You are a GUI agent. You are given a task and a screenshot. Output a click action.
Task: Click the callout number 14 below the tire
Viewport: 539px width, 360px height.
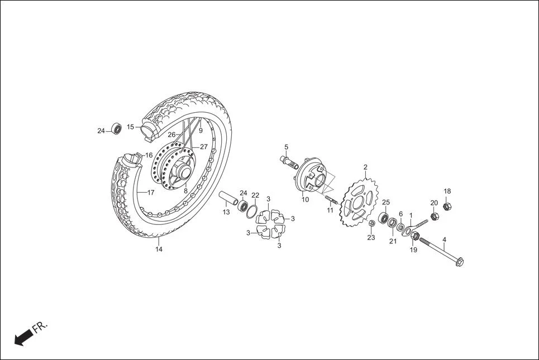pyautogui.click(x=159, y=249)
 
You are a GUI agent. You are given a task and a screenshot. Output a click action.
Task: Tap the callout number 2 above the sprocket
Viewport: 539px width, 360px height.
pyautogui.click(x=365, y=167)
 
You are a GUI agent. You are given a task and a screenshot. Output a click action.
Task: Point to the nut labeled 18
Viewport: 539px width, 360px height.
pyautogui.click(x=447, y=207)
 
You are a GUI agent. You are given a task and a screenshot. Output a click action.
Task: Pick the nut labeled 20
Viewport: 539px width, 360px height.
pyautogui.click(x=434, y=215)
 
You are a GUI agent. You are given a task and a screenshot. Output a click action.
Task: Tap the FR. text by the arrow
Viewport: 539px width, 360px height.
pyautogui.click(x=41, y=327)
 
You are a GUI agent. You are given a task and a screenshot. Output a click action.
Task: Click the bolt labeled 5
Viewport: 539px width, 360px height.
pyautogui.click(x=289, y=161)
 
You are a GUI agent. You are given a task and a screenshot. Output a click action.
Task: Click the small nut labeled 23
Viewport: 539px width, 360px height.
pyautogui.click(x=372, y=224)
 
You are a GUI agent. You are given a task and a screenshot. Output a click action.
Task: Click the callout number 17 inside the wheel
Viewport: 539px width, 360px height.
pyautogui.click(x=150, y=193)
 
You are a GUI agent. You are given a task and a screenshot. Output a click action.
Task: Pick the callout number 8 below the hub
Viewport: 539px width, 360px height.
pyautogui.click(x=185, y=190)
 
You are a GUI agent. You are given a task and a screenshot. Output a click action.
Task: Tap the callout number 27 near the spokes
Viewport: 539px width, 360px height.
pyautogui.click(x=204, y=147)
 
